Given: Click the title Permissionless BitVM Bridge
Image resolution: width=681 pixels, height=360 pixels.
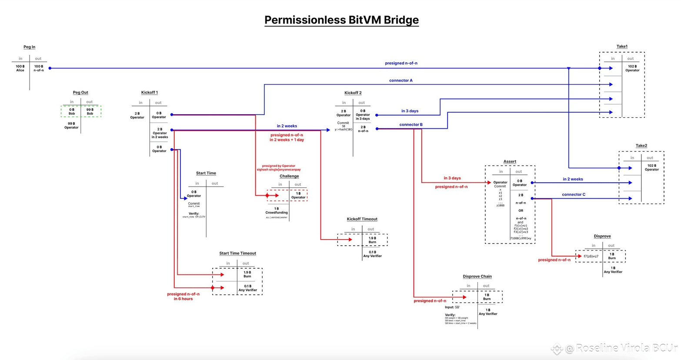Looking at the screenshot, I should [341, 20].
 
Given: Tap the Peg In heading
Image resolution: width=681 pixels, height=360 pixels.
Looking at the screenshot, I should [29, 47].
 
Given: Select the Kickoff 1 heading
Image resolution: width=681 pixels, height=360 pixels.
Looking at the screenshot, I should [149, 93].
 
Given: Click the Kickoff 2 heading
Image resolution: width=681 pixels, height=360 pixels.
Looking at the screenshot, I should [353, 93].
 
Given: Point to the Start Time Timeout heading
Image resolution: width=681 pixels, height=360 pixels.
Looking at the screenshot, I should [237, 253].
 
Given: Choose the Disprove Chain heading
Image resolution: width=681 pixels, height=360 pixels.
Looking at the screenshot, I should [477, 277].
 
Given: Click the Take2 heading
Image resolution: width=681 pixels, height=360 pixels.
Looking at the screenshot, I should [641, 146].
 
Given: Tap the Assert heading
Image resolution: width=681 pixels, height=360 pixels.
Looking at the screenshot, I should [510, 162].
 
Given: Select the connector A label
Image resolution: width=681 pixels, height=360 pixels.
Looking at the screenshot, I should [401, 80].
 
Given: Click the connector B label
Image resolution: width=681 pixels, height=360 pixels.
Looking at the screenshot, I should [411, 125].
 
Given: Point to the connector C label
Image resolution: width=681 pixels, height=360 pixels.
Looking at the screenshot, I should [573, 195].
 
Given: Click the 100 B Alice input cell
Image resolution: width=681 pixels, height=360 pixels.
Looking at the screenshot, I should [20, 68].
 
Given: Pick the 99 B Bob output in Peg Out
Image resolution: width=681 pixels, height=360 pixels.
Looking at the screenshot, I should [90, 112].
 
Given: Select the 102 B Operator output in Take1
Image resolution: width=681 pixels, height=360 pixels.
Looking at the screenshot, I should [632, 68].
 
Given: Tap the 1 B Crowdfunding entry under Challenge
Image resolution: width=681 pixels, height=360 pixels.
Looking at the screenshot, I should [276, 211].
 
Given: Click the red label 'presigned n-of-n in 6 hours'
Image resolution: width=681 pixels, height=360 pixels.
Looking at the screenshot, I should [183, 297].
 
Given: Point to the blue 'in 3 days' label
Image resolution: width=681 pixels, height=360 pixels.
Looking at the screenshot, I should [410, 111].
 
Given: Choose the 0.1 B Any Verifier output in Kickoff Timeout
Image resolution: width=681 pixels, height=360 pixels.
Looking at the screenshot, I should [372, 254].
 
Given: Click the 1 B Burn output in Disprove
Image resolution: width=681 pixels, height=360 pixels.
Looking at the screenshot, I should [611, 256].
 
